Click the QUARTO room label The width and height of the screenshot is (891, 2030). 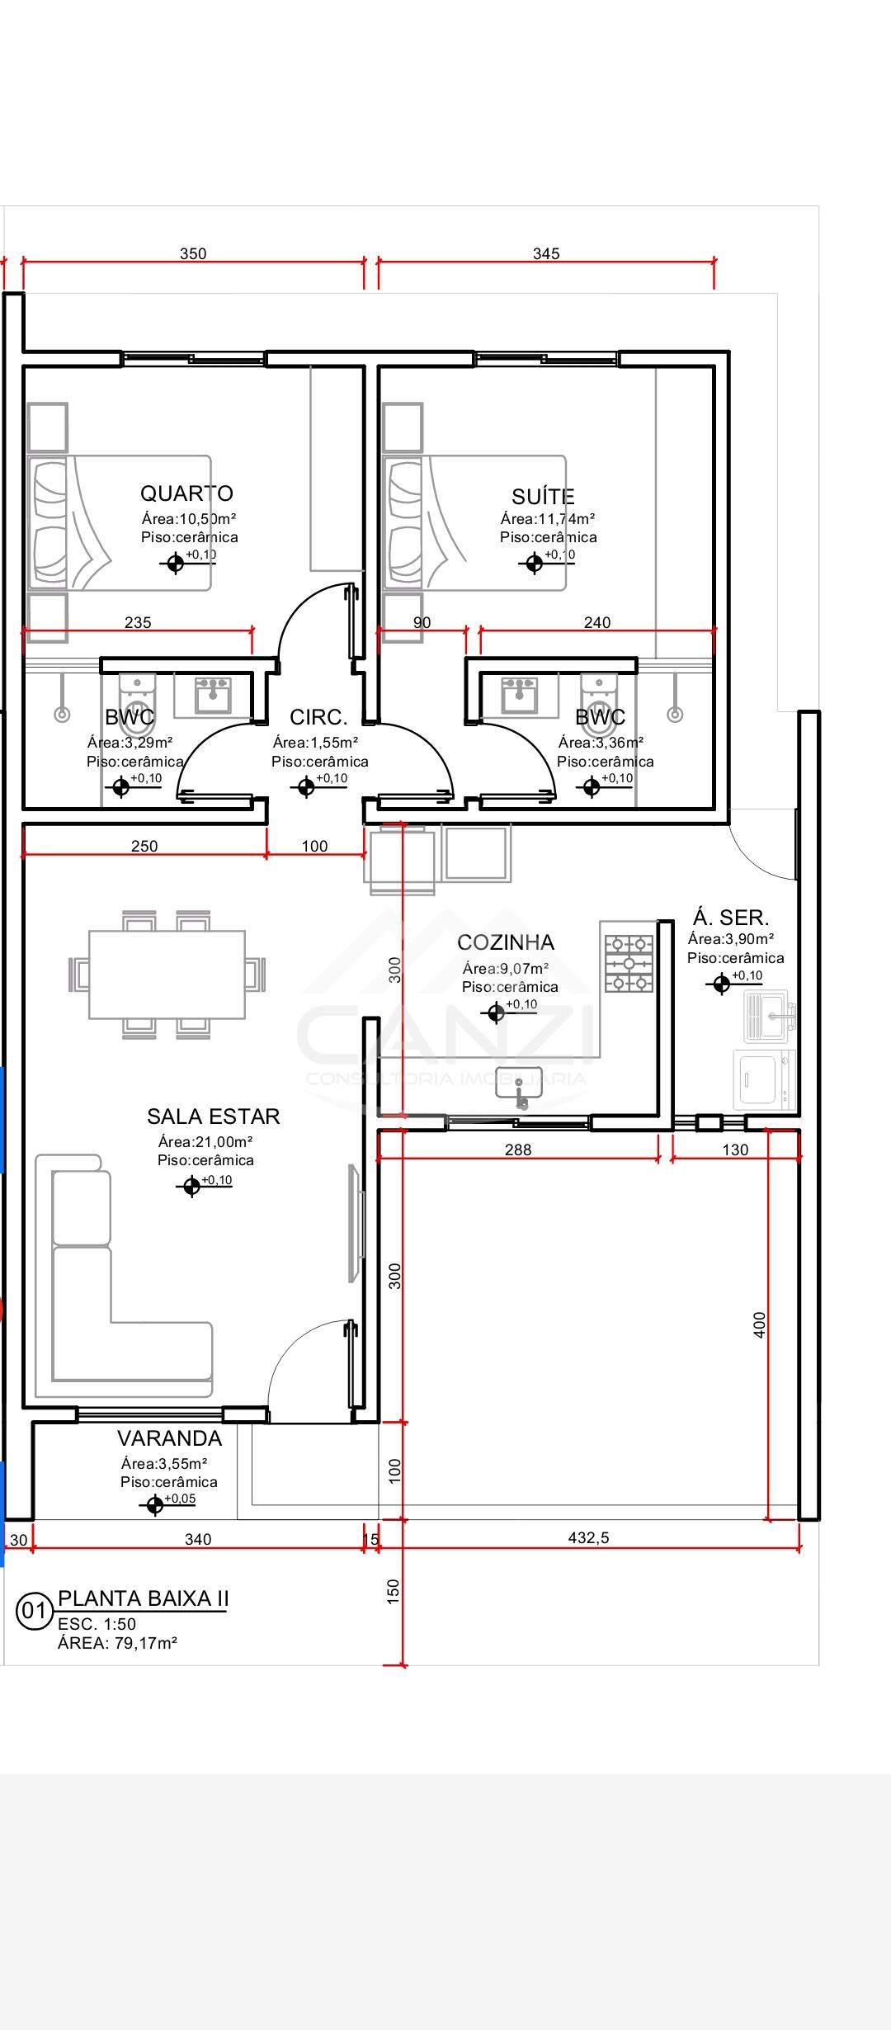tap(186, 493)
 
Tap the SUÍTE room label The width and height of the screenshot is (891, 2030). tap(543, 496)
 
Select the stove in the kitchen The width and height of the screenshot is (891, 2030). tap(629, 963)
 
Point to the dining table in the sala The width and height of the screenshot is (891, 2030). tap(167, 975)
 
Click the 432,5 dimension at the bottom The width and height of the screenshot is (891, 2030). tap(588, 1537)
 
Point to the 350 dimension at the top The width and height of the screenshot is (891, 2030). tap(193, 253)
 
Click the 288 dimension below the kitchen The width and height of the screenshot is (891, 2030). tap(517, 1150)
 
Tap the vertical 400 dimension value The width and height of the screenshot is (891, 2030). tap(760, 1324)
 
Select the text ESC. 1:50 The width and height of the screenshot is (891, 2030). tap(97, 1624)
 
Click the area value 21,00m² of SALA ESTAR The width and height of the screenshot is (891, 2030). tap(205, 1142)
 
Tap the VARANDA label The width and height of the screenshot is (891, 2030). tap(169, 1438)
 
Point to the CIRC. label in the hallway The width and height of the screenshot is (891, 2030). tap(318, 717)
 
